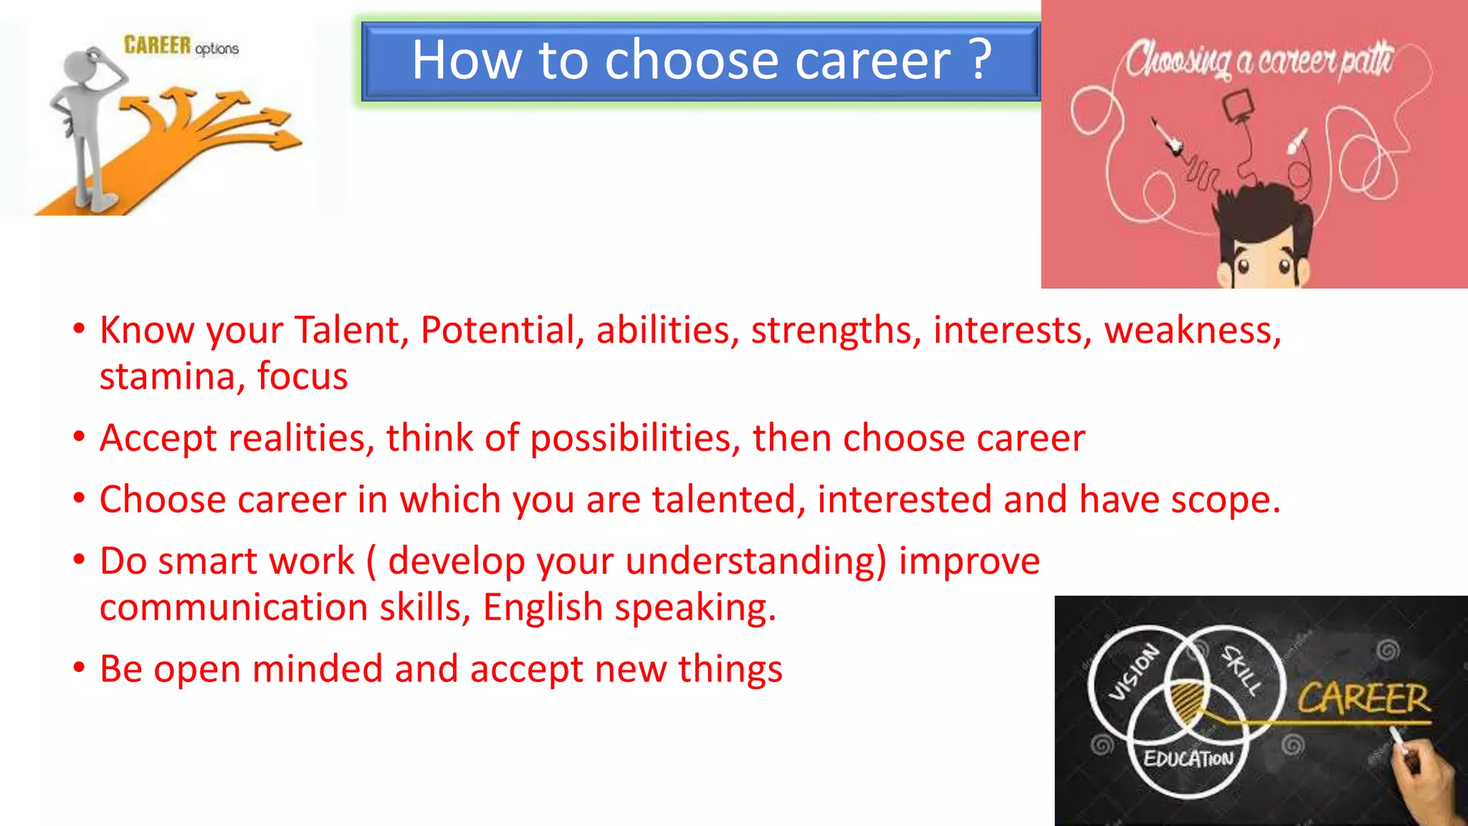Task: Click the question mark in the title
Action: coord(981,60)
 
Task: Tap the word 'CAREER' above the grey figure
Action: coord(157,45)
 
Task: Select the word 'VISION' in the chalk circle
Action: coord(1133,672)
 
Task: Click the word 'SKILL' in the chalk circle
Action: coord(1242,670)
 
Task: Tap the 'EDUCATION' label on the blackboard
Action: coord(1188,759)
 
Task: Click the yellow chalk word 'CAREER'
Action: coord(1363,698)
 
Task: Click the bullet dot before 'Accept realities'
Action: coord(79,437)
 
